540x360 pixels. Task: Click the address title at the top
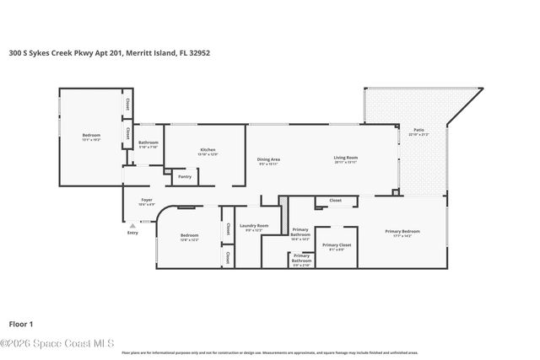pos(109,52)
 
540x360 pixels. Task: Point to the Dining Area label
pos(268,160)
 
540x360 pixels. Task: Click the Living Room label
pos(346,159)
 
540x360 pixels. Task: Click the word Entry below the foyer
pos(132,233)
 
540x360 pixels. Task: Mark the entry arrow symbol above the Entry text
pos(132,225)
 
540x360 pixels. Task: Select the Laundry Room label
pos(254,227)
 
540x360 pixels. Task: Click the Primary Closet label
pos(336,246)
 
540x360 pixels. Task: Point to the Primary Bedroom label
pos(402,234)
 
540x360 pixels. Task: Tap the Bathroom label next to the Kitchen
pos(148,143)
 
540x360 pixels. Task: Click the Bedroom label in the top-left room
pos(91,137)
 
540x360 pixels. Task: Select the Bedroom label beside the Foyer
pos(189,237)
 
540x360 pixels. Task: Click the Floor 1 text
pos(20,324)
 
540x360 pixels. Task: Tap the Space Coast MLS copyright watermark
pos(57,343)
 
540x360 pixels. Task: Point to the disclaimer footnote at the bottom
pos(270,352)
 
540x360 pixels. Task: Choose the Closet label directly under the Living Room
pos(335,201)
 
